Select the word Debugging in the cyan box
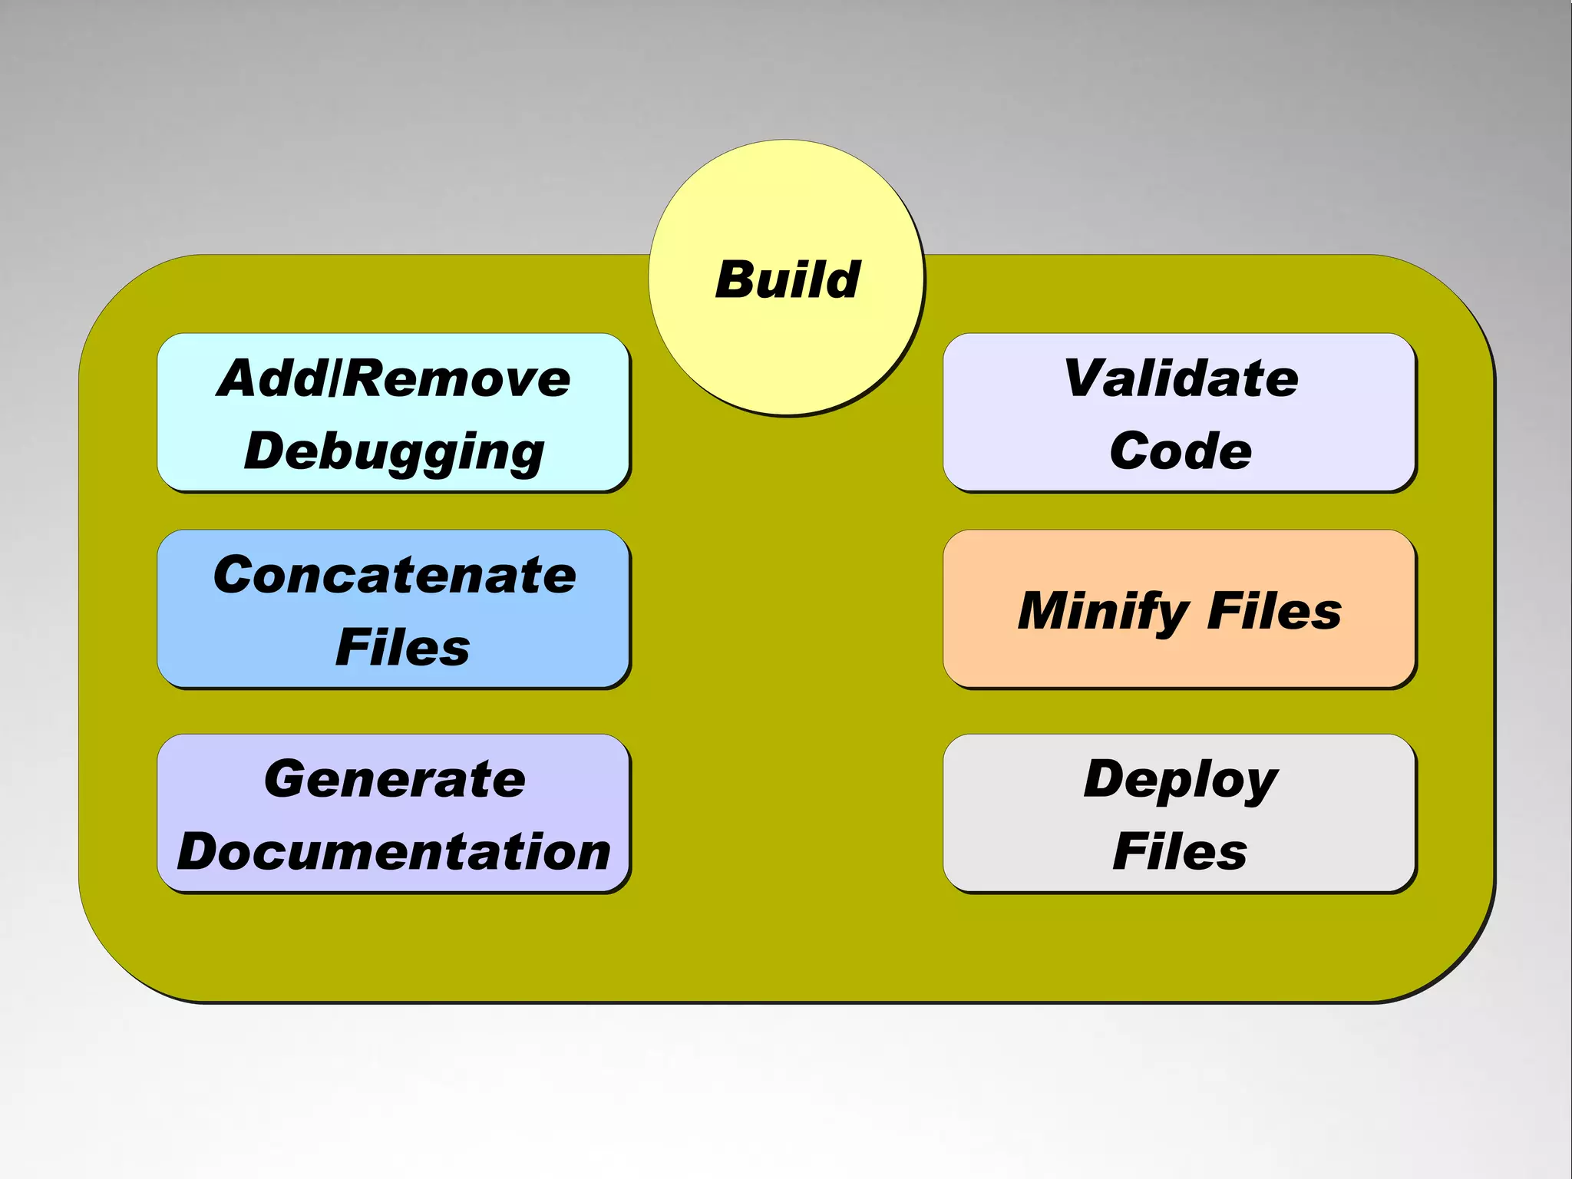394,451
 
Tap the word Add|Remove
394,378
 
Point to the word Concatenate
395,575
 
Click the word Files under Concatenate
402,647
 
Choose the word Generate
395,779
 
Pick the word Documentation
394,852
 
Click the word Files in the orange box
1274,611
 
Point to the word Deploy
1181,780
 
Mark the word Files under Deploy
1180,852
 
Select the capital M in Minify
1047,611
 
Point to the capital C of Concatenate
236,575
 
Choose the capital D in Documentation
203,852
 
